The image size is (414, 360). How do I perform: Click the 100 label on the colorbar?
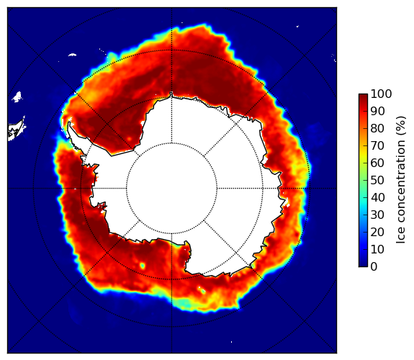click(381, 94)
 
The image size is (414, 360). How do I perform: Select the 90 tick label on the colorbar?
click(377, 111)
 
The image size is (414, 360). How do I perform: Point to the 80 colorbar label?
click(377, 128)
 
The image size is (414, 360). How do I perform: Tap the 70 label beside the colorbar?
click(377, 145)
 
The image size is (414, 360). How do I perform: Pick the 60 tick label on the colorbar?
click(377, 163)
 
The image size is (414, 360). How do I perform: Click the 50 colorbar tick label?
click(377, 180)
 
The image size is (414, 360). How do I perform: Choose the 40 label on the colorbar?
click(377, 197)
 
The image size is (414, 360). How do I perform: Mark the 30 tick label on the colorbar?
click(377, 215)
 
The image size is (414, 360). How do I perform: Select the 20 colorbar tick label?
click(377, 232)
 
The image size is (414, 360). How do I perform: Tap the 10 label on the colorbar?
click(377, 249)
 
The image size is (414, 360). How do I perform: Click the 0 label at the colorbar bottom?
click(374, 267)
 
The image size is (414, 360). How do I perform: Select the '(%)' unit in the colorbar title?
click(401, 126)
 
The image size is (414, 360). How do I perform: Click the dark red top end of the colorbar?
click(363, 95)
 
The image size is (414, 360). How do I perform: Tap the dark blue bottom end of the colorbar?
click(363, 266)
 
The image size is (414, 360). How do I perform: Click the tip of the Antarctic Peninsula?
click(69, 123)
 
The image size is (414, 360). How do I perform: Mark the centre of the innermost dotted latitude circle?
click(171, 189)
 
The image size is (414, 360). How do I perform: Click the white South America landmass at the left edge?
click(16, 130)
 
